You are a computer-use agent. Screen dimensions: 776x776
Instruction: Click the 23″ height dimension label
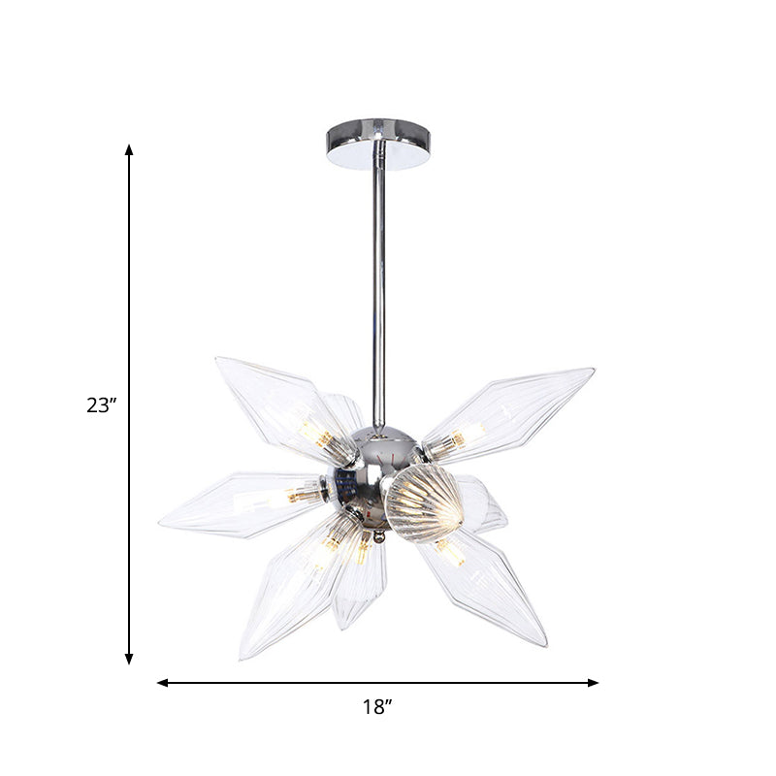102,405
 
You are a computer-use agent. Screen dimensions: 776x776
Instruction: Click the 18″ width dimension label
377,707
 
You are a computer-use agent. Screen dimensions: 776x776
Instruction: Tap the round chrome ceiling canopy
378,144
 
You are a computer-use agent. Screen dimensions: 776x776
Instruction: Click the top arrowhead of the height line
129,150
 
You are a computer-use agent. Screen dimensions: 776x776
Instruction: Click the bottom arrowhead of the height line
129,659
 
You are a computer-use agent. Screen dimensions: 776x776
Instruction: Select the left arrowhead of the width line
163,683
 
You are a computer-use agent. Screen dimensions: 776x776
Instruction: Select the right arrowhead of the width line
593,683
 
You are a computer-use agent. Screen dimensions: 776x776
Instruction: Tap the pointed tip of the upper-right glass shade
594,370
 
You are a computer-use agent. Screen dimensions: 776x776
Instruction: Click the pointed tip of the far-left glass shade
160,523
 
